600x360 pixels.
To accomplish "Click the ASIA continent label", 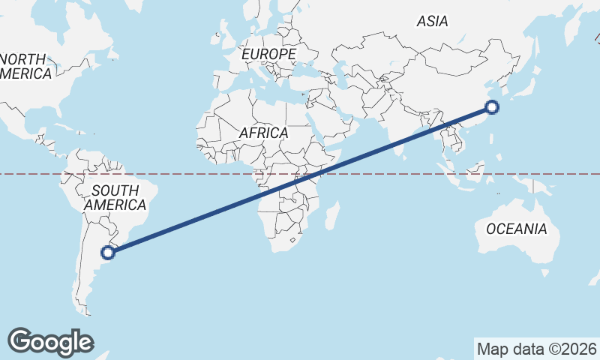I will point(433,22).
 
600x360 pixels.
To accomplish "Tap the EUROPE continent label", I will point(268,55).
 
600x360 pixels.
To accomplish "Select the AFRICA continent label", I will point(264,133).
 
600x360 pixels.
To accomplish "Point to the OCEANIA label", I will point(517,229).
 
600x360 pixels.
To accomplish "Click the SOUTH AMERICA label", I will point(115,197).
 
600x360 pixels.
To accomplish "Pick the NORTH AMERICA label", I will point(24,66).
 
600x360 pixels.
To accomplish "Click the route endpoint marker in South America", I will point(109,253).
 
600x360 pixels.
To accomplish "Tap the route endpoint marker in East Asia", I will point(492,107).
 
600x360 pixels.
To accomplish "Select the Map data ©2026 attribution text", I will point(536,349).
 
